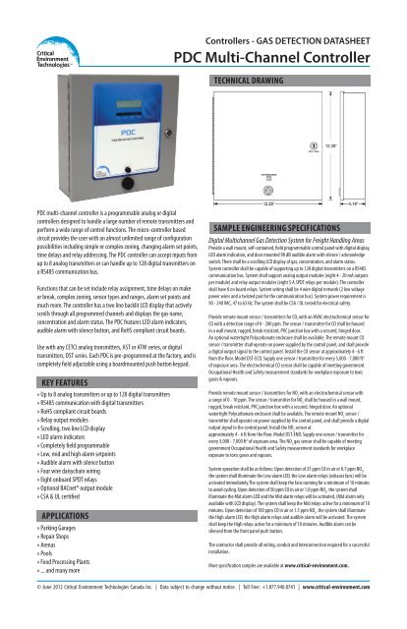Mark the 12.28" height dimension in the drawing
pyautogui.click(x=389, y=144)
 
